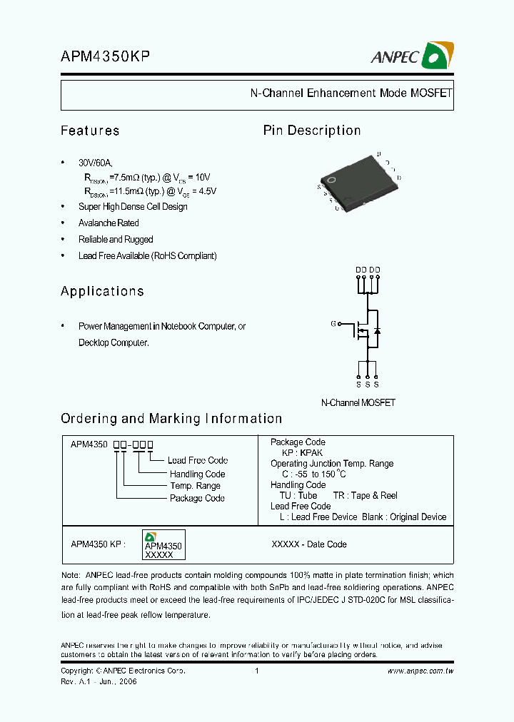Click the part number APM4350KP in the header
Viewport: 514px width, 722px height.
click(x=105, y=58)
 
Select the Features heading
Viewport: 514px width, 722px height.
click(x=90, y=131)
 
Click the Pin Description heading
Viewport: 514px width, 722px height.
click(x=312, y=131)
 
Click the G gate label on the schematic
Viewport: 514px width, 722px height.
click(x=333, y=323)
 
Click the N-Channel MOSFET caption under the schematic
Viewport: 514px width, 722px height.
click(x=358, y=402)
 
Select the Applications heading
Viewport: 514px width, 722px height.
click(x=102, y=291)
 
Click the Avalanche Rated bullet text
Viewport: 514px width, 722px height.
click(x=109, y=223)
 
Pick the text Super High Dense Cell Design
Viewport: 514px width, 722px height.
click(x=133, y=207)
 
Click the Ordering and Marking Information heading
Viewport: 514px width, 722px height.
click(x=171, y=419)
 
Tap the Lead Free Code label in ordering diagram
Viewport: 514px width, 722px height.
click(x=198, y=461)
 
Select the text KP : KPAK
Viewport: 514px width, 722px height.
click(x=302, y=453)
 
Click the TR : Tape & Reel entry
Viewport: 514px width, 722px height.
click(x=365, y=496)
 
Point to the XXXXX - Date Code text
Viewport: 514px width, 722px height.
click(x=309, y=544)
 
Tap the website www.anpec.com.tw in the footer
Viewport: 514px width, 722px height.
click(x=420, y=671)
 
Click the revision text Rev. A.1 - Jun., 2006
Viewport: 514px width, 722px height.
click(x=99, y=681)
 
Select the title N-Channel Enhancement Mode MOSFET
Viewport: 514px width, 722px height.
click(x=351, y=93)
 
